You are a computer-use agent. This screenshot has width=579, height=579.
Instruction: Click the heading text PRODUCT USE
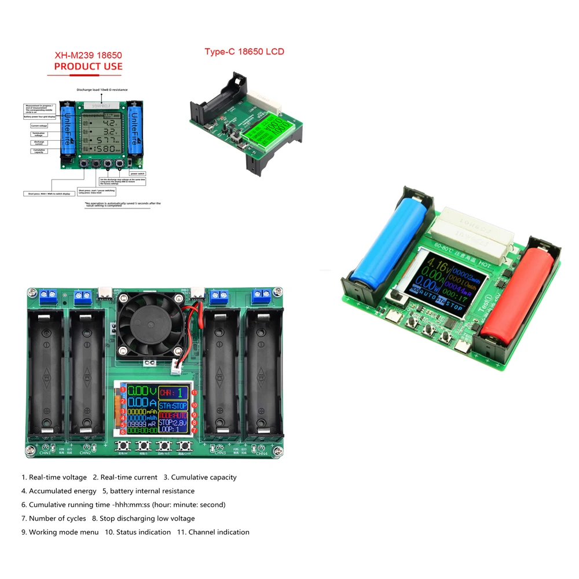pyautogui.click(x=88, y=67)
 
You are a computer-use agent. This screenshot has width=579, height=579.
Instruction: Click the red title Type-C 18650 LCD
pyautogui.click(x=244, y=52)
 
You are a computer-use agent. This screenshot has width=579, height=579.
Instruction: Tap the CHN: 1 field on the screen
pyautogui.click(x=174, y=393)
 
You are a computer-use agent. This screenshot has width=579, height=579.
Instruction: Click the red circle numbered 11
pyautogui.click(x=195, y=393)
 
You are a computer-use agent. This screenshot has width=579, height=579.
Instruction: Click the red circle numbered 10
pyautogui.click(x=195, y=405)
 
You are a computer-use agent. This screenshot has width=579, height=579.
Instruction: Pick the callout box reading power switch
pyautogui.click(x=138, y=173)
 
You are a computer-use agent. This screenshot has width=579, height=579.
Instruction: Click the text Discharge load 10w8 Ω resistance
pyautogui.click(x=102, y=90)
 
